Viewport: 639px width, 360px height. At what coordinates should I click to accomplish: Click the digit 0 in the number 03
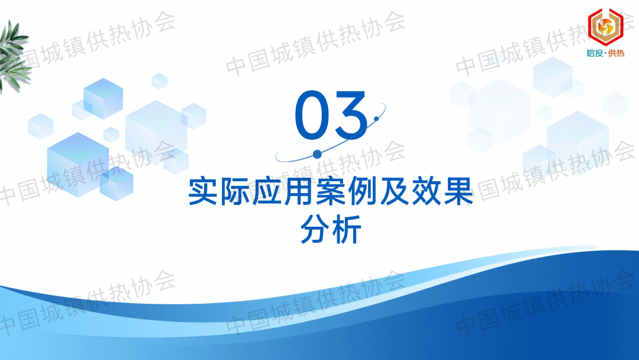pos(312,114)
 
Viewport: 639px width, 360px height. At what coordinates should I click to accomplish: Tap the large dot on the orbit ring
pos(317,154)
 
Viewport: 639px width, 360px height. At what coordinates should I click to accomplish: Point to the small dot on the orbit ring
pos(376,118)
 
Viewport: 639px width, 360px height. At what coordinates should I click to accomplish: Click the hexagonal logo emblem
pos(605,27)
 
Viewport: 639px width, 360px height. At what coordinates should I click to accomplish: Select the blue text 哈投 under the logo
pos(595,53)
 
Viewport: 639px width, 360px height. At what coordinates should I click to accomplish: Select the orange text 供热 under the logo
pos(616,53)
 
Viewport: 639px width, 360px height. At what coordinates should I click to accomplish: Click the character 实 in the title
pos(203,191)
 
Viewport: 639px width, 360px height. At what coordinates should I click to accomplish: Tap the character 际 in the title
pos(235,191)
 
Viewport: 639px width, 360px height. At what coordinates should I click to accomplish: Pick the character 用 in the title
pos(299,191)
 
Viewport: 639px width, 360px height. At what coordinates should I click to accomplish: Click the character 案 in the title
pos(331,191)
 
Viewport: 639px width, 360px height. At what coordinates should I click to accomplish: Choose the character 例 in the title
pos(363,191)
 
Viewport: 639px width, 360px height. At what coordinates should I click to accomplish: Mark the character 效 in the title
pos(426,191)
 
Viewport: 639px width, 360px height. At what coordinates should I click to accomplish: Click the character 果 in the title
pos(458,191)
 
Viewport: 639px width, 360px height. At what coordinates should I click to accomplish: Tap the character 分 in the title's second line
pos(315,229)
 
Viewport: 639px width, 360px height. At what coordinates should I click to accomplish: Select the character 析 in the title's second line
pos(347,229)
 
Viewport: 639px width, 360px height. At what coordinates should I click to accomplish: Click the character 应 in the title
pos(267,191)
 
